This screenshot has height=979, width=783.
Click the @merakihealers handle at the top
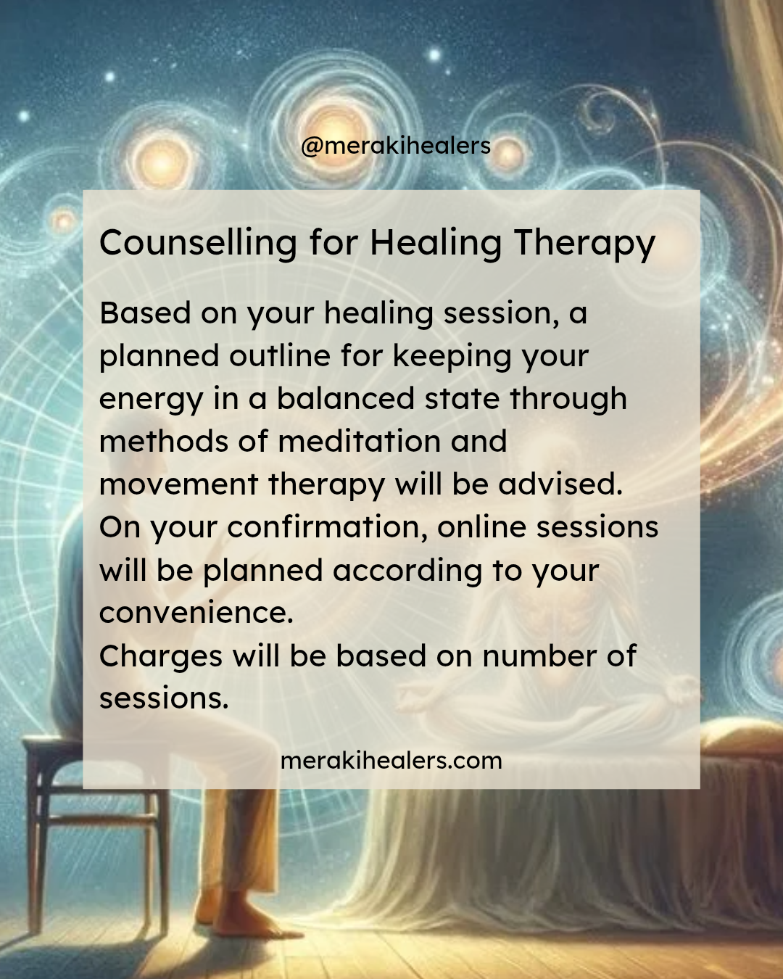[x=395, y=146]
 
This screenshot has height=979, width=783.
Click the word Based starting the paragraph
[x=145, y=313]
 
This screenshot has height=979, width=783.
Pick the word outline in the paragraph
[x=279, y=355]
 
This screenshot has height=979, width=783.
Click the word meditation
[x=360, y=441]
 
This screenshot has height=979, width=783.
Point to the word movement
[x=179, y=484]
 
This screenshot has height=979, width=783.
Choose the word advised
[x=560, y=483]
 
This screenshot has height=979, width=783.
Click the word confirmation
[x=328, y=526]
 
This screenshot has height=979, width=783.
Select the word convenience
[x=196, y=612]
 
